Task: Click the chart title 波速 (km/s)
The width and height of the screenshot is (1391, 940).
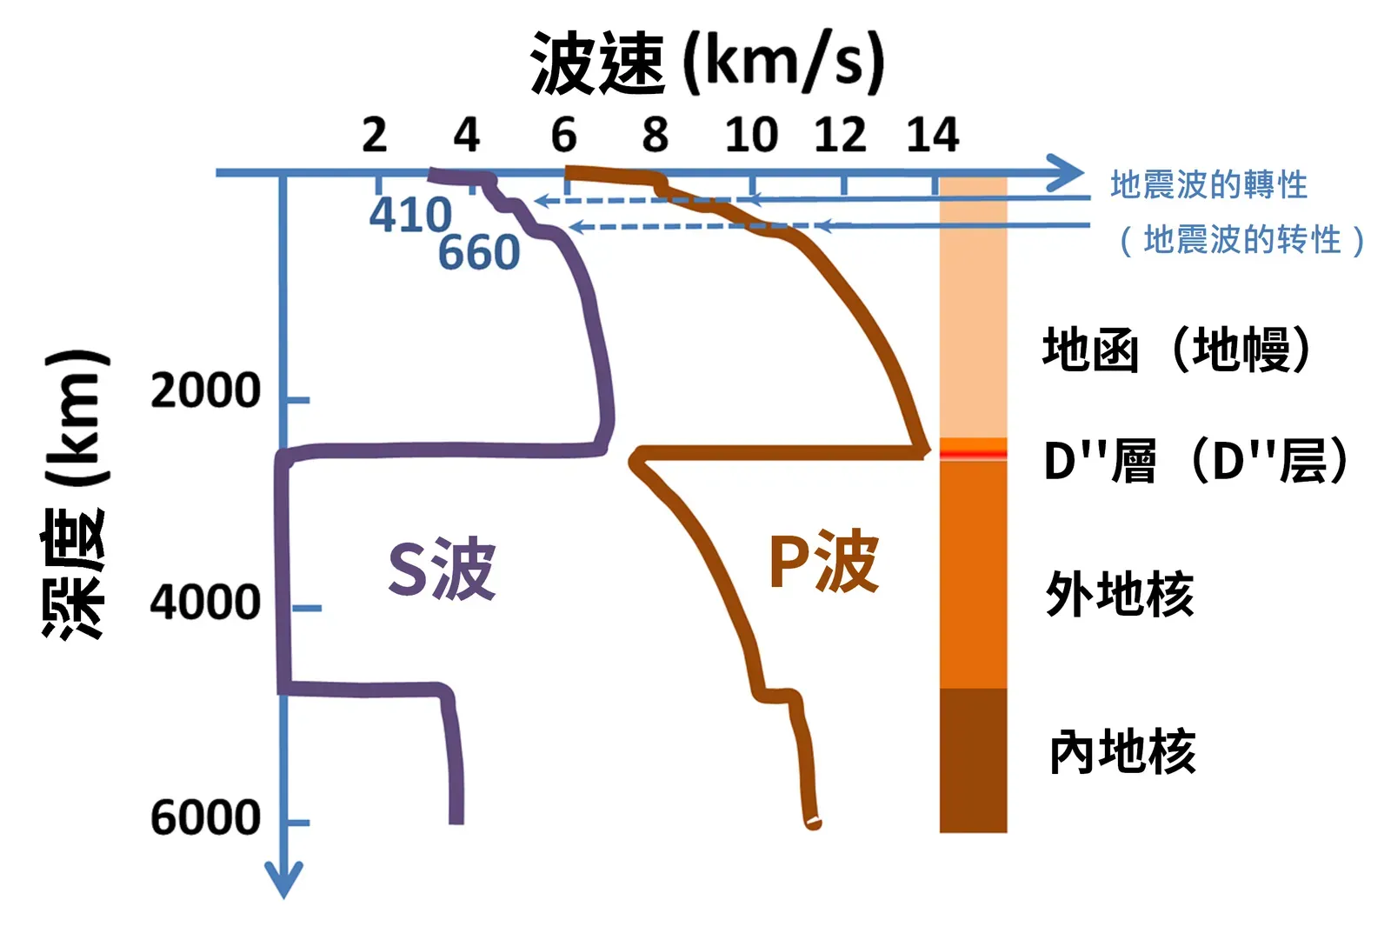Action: [x=707, y=63]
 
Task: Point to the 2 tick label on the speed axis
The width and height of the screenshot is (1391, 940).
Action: [x=375, y=135]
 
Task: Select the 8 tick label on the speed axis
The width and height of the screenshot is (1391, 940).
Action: [x=656, y=135]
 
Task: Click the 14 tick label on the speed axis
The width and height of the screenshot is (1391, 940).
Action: [x=932, y=135]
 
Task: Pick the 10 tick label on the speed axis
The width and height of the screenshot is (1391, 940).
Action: [x=751, y=135]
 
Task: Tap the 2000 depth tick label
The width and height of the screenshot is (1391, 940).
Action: [x=205, y=390]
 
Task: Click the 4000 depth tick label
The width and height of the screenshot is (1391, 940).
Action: [x=205, y=603]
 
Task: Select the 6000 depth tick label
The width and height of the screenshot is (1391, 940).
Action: [x=205, y=817]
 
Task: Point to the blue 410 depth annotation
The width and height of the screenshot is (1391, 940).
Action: [x=410, y=215]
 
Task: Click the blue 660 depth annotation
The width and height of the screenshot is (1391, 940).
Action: [x=479, y=253]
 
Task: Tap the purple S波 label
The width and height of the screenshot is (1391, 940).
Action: [x=442, y=570]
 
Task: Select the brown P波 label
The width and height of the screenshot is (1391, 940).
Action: [x=824, y=563]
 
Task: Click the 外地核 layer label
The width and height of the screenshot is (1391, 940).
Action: [x=1120, y=595]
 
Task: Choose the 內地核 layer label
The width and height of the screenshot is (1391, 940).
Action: [x=1122, y=752]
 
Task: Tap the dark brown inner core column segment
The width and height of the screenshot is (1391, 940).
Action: [x=973, y=760]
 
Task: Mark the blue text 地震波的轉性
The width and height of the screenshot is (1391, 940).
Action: [x=1208, y=185]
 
